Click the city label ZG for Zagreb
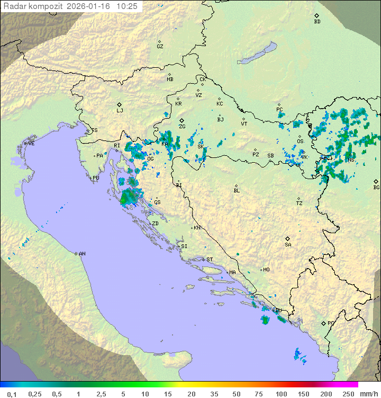182,127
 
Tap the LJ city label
120,111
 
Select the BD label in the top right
317,22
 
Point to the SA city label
288,245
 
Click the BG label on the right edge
376,188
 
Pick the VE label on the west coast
31,144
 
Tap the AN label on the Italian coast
82,254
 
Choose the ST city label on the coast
210,260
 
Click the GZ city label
160,47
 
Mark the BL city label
237,191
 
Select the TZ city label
300,204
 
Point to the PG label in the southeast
331,323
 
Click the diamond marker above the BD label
316,16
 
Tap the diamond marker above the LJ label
120,104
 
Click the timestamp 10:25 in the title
128,6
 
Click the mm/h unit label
368,394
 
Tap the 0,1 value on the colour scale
12,394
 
